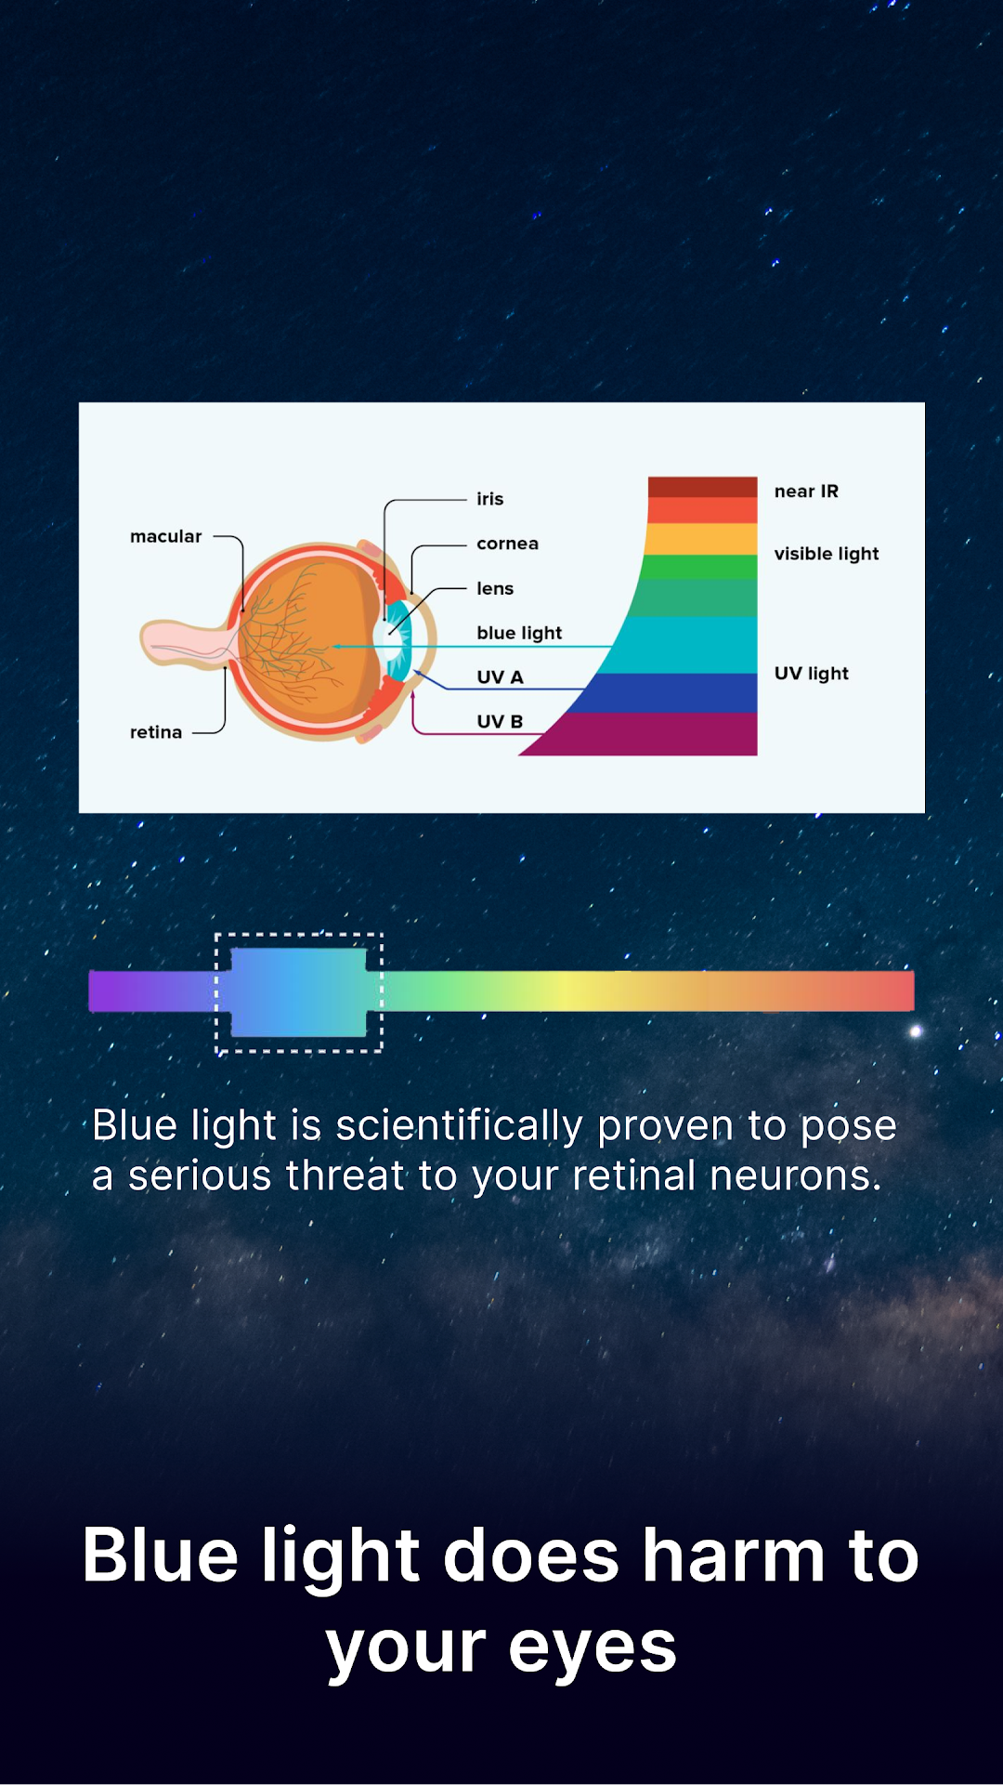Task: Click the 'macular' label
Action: pyautogui.click(x=165, y=536)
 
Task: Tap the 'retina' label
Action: pyautogui.click(x=156, y=732)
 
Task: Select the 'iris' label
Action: pyautogui.click(x=490, y=499)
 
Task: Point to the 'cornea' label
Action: pyautogui.click(x=507, y=544)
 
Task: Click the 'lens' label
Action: pyautogui.click(x=495, y=588)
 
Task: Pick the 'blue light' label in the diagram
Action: pyautogui.click(x=519, y=633)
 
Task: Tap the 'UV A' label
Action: pyautogui.click(x=500, y=677)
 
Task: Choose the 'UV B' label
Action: pyautogui.click(x=500, y=722)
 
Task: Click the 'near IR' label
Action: pyautogui.click(x=806, y=492)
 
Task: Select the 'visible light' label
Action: pyautogui.click(x=827, y=554)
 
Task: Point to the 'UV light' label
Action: pyautogui.click(x=812, y=674)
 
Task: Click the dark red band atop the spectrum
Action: pyautogui.click(x=702, y=487)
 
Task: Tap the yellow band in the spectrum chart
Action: pyautogui.click(x=701, y=539)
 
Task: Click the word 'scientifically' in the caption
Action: pyautogui.click(x=459, y=1126)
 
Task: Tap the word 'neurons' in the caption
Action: pyautogui.click(x=796, y=1176)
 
